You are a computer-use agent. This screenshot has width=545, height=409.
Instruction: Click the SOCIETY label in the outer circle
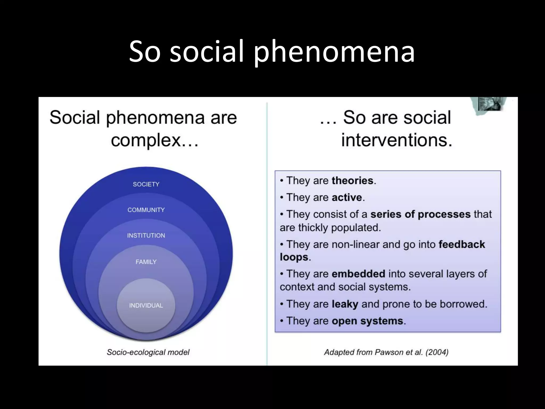tap(146, 184)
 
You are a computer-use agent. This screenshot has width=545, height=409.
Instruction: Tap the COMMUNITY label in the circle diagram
tap(146, 210)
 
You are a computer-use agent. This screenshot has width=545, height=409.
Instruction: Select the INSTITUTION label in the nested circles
tap(146, 235)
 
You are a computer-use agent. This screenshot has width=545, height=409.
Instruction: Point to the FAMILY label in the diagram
tap(146, 262)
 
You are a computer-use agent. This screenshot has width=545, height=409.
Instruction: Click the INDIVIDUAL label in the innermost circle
tap(146, 305)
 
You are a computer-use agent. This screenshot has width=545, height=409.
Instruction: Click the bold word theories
tap(353, 181)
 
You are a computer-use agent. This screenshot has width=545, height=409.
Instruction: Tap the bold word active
tap(347, 198)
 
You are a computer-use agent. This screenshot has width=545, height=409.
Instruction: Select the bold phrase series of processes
tap(420, 214)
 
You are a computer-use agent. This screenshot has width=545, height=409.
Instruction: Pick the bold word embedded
tap(358, 274)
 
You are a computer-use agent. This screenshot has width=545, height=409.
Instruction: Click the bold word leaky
tap(345, 304)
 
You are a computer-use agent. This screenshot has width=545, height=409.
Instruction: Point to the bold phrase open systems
tap(367, 321)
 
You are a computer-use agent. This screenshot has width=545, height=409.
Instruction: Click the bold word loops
tap(294, 257)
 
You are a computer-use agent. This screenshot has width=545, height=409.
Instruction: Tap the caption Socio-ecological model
tap(148, 352)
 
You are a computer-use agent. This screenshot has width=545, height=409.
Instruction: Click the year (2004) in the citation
tap(437, 352)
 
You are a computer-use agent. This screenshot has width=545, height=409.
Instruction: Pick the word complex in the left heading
tap(146, 140)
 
